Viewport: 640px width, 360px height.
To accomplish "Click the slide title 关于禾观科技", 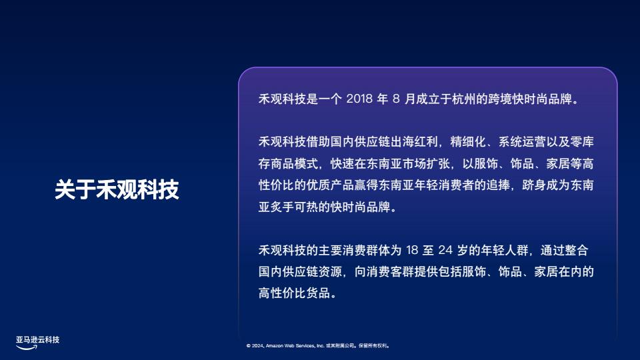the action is pyautogui.click(x=117, y=189).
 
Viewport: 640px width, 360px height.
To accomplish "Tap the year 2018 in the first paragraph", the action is pyautogui.click(x=359, y=99).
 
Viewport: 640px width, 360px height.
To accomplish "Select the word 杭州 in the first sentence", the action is pyautogui.click(x=464, y=99).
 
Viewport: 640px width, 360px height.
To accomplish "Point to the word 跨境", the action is pyautogui.click(x=500, y=99).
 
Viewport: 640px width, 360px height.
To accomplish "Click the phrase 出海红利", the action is pyautogui.click(x=414, y=141).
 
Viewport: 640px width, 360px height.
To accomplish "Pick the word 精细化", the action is pyautogui.click(x=468, y=141).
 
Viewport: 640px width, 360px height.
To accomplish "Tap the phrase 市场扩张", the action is pyautogui.click(x=426, y=164).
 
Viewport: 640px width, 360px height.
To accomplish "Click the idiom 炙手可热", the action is pyautogui.click(x=294, y=207).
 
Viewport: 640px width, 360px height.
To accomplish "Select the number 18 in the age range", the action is pyautogui.click(x=412, y=250).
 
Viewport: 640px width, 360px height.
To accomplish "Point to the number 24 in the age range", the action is pyautogui.click(x=445, y=250).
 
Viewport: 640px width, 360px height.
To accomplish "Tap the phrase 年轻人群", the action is pyautogui.click(x=505, y=250).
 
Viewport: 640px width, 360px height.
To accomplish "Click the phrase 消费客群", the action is pyautogui.click(x=390, y=271).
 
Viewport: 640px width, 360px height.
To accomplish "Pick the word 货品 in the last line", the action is pyautogui.click(x=318, y=293).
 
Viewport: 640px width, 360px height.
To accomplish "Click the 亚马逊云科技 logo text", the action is pyautogui.click(x=37, y=339).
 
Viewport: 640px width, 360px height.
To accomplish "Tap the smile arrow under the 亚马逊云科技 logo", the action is pyautogui.click(x=27, y=347).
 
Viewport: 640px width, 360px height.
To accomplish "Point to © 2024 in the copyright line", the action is pyautogui.click(x=255, y=346).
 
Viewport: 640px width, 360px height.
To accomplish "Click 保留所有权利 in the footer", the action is pyautogui.click(x=373, y=346).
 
